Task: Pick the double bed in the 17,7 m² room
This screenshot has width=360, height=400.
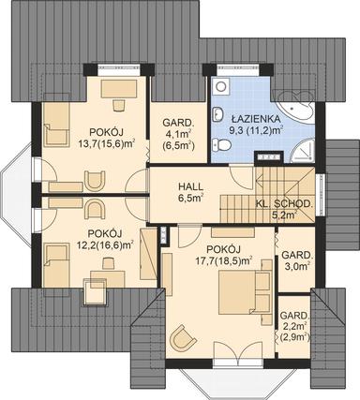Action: click(x=242, y=292)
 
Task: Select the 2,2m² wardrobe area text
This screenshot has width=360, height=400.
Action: click(x=296, y=323)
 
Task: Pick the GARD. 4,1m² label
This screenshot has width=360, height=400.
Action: click(x=178, y=132)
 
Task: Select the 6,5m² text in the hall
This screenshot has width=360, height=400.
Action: click(x=191, y=199)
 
